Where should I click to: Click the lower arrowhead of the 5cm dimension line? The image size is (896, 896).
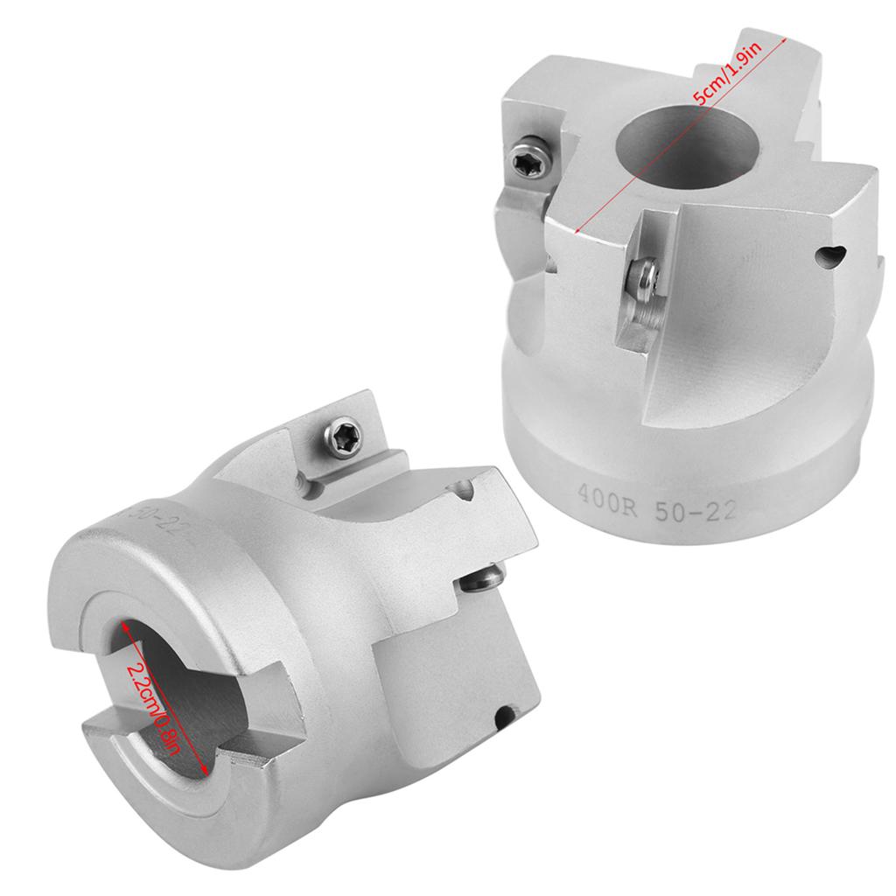coord(577,232)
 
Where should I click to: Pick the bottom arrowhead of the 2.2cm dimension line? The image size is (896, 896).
coord(206,772)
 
